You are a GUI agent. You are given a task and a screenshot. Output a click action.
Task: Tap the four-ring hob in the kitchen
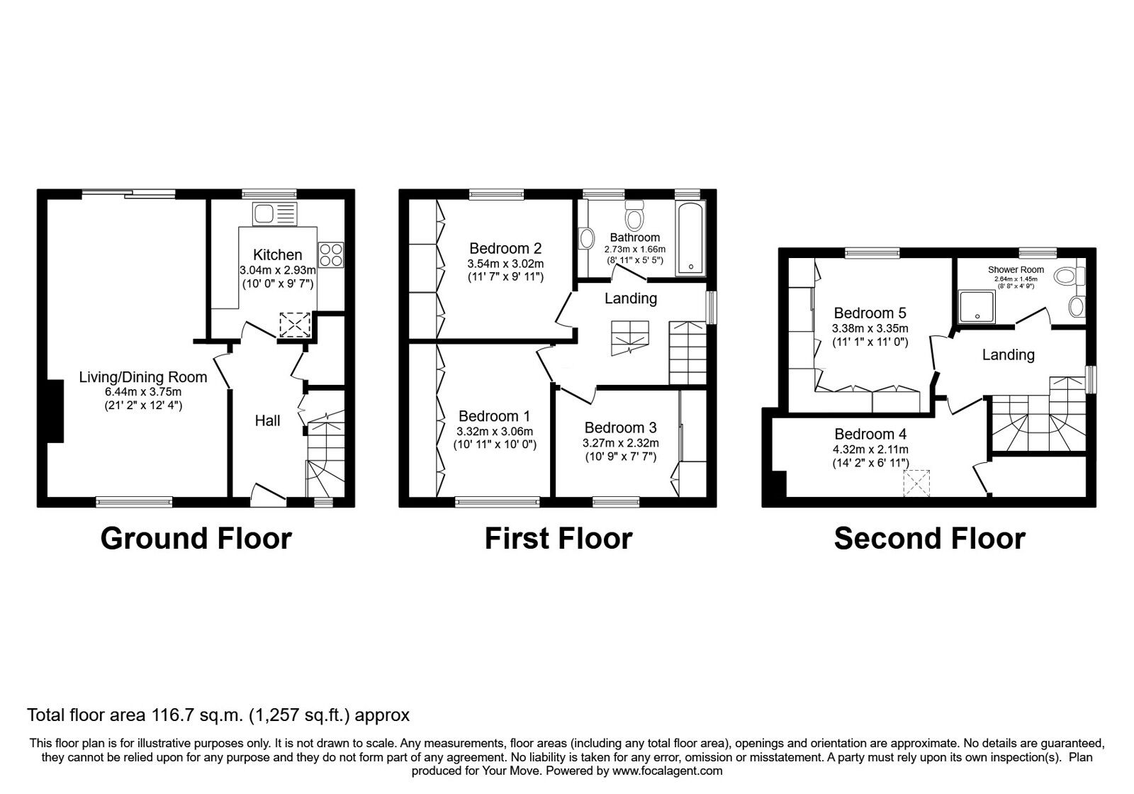click(x=330, y=255)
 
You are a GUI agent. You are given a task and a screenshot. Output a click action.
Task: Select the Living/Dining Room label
click(x=142, y=377)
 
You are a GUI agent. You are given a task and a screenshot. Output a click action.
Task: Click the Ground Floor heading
click(x=196, y=539)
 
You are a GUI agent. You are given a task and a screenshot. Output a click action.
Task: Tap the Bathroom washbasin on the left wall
click(x=586, y=239)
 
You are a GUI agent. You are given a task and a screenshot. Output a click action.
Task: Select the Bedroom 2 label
click(x=505, y=248)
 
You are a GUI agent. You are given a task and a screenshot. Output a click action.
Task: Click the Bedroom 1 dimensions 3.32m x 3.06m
click(x=495, y=431)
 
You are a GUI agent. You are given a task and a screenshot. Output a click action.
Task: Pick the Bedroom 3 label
click(x=620, y=427)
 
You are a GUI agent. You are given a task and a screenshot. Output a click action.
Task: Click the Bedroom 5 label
click(x=870, y=313)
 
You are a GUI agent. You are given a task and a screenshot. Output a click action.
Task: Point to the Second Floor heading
click(x=929, y=539)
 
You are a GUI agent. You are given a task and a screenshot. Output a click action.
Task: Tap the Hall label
click(x=267, y=420)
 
